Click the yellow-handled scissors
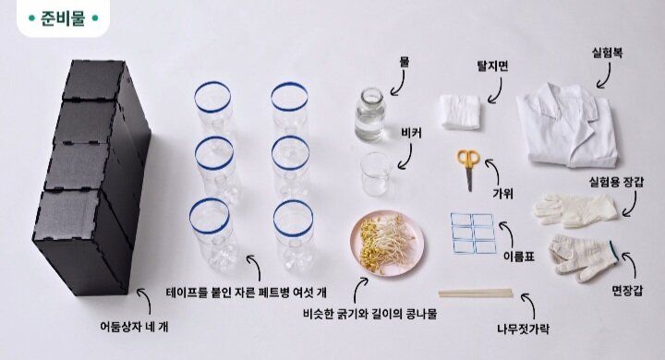click(x=468, y=166)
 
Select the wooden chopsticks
click(x=476, y=293)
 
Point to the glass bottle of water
click(x=369, y=114)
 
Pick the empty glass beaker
click(x=376, y=174)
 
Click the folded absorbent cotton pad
click(x=460, y=112)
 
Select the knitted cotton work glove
click(x=582, y=258)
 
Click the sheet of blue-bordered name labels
click(x=473, y=234)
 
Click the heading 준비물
click(x=63, y=18)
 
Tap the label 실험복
click(x=607, y=54)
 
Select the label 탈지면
click(x=492, y=66)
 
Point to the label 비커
click(x=411, y=133)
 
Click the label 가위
click(x=502, y=193)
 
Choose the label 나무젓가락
click(x=523, y=329)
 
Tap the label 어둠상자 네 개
click(x=134, y=326)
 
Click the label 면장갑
click(x=627, y=291)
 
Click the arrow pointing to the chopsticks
click(x=530, y=306)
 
